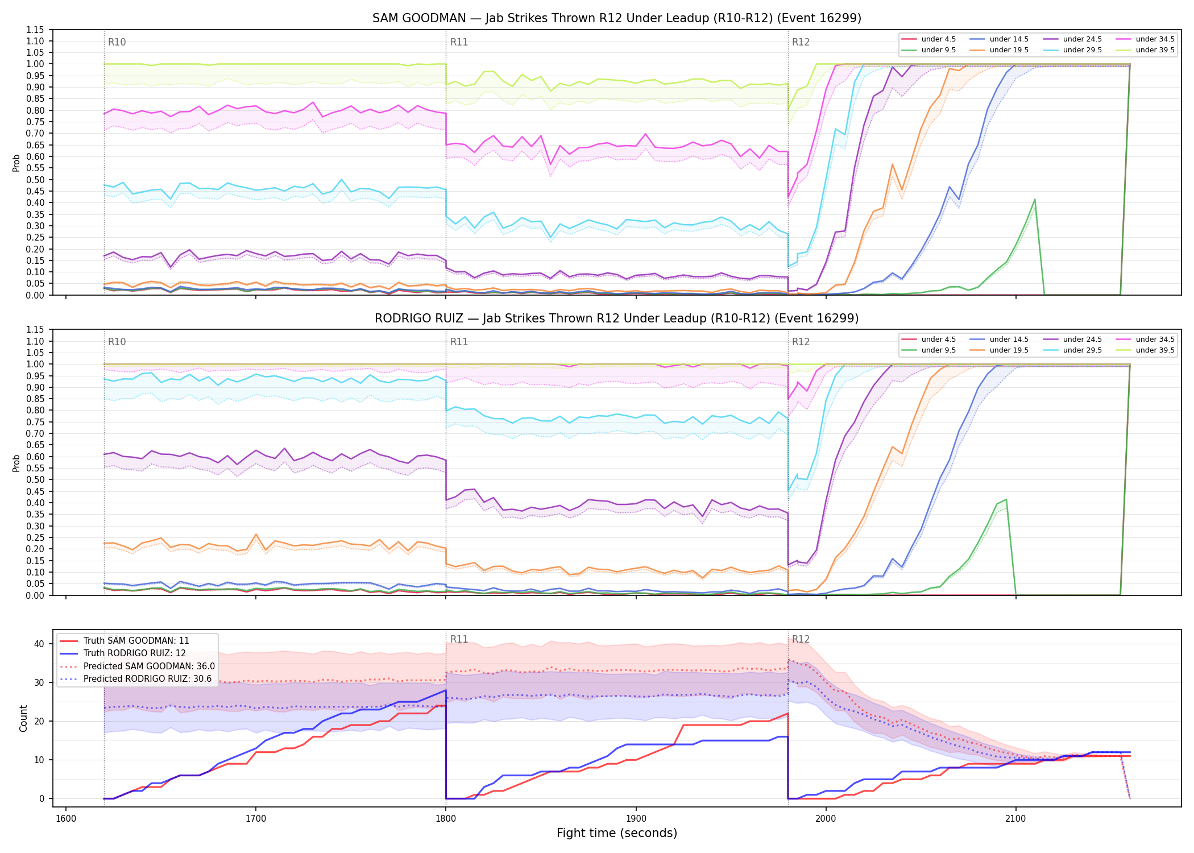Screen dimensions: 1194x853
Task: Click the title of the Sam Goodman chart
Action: tap(617, 18)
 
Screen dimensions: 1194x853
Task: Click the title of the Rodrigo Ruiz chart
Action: tap(617, 318)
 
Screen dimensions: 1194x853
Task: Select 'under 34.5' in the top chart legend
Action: tap(1155, 39)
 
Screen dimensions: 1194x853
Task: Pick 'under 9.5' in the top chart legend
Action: tap(939, 50)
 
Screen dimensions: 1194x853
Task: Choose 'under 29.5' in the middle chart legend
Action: tap(1082, 350)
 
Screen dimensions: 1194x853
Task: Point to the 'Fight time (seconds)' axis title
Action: tap(617, 833)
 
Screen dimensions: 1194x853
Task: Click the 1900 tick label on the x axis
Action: tap(636, 819)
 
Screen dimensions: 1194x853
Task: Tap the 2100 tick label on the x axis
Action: tap(1015, 819)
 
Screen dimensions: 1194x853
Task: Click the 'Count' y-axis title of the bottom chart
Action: tap(23, 718)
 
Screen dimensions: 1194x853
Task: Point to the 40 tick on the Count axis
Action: tap(39, 644)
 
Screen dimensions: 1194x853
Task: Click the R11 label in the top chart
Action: tap(459, 42)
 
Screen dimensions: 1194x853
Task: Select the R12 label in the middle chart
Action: tap(801, 342)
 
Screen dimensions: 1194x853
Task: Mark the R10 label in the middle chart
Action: tap(117, 342)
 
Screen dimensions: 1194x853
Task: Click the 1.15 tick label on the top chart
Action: tap(36, 30)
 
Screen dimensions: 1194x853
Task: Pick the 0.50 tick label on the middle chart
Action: tap(36, 480)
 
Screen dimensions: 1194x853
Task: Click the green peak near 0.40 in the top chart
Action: tap(1035, 200)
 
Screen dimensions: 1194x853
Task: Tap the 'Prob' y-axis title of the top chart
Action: tap(16, 163)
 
